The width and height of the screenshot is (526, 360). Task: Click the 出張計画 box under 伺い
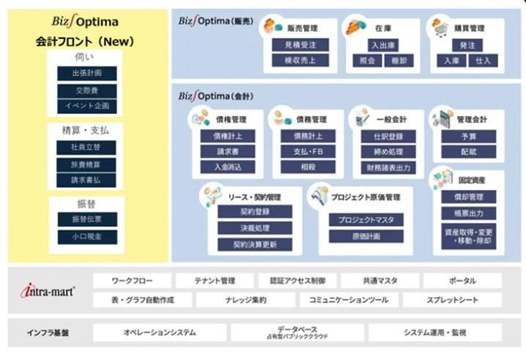(86, 73)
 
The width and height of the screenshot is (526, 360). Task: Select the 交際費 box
(86, 90)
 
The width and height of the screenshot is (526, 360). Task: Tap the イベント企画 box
(86, 106)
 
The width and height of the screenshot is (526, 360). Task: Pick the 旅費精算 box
(86, 164)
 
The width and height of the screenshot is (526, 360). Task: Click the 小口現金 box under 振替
(86, 236)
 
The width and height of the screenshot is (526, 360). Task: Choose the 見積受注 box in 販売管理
(300, 45)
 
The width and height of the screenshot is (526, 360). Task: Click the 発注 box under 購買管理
(468, 45)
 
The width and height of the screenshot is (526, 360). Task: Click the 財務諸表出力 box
(388, 166)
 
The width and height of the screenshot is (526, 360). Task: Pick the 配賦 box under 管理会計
(468, 152)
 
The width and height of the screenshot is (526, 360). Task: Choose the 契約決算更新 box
(255, 244)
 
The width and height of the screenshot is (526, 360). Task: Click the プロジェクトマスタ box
(364, 220)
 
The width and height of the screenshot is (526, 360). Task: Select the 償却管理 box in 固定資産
(468, 196)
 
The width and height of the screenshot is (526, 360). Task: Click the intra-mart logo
(47, 291)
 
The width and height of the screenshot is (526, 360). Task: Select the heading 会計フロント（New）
(86, 42)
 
